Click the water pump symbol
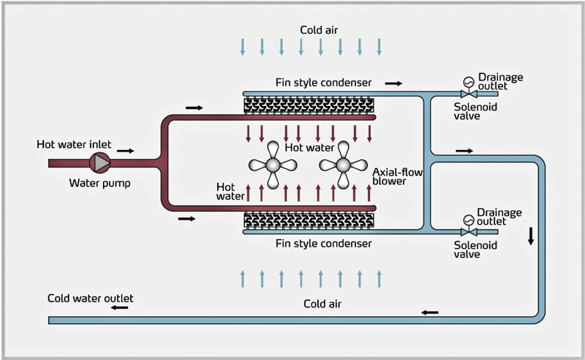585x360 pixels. pyautogui.click(x=98, y=162)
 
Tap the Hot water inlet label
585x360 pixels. pyautogui.click(x=74, y=145)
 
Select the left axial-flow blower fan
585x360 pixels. pyautogui.click(x=272, y=165)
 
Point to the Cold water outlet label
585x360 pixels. pyautogui.click(x=91, y=298)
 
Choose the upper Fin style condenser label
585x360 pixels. pyautogui.click(x=324, y=83)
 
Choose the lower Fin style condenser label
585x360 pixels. pyautogui.click(x=324, y=243)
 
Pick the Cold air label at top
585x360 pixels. pyautogui.click(x=320, y=30)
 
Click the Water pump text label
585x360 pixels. pyautogui.click(x=100, y=183)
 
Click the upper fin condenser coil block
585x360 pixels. pyautogui.click(x=309, y=106)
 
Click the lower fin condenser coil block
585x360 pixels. pyautogui.click(x=309, y=219)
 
